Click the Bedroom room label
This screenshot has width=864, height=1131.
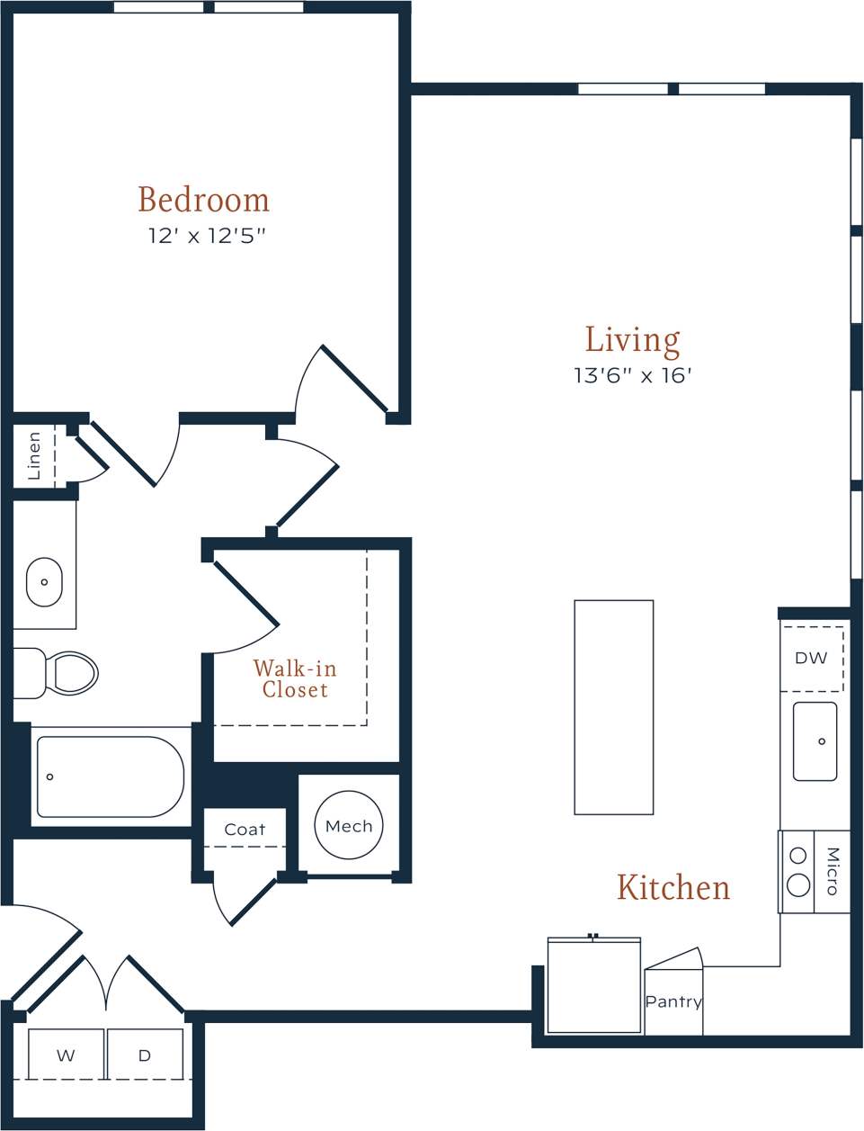(203, 200)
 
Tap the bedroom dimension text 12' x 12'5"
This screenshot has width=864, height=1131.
(207, 236)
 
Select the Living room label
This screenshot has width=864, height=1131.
(632, 340)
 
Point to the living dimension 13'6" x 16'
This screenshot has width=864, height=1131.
(632, 375)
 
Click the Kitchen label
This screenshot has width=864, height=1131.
(672, 887)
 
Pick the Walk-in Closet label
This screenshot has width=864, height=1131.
(295, 679)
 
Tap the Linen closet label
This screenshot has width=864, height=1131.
(34, 455)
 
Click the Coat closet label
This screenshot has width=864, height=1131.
(245, 830)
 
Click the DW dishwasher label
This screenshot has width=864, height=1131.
(810, 658)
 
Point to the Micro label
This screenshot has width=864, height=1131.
(832, 871)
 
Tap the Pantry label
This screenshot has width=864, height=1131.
(673, 1001)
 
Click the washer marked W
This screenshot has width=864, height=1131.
(66, 1055)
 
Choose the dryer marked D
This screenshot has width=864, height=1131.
(145, 1055)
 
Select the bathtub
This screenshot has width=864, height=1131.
(110, 776)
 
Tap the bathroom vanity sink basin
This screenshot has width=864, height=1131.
(44, 582)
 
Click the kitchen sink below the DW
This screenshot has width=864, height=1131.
(815, 741)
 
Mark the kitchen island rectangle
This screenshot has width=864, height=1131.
(613, 707)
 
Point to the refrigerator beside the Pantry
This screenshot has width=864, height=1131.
(593, 986)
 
